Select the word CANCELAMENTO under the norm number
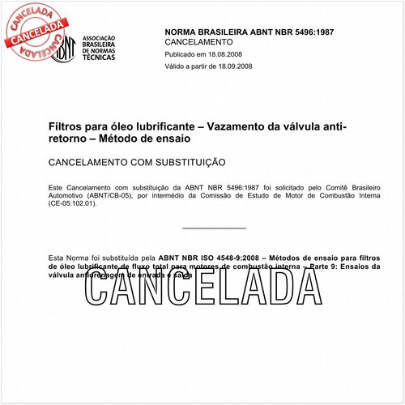coord(198,41)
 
